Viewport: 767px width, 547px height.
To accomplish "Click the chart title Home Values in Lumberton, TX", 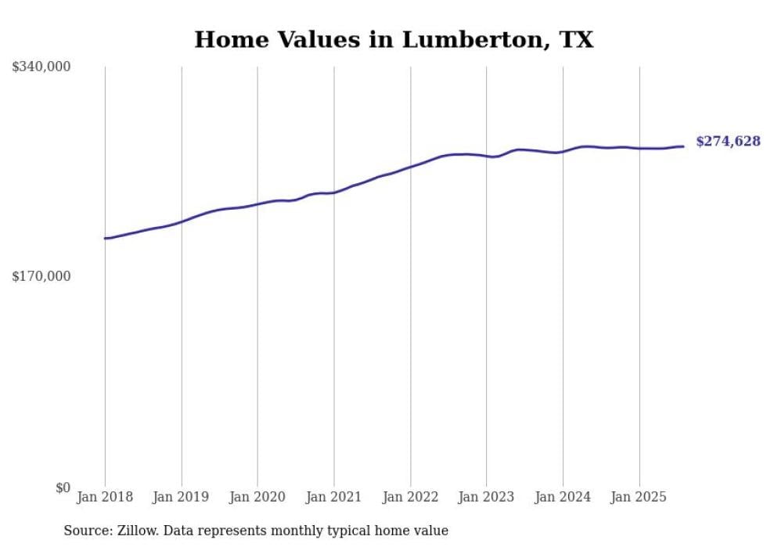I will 394,39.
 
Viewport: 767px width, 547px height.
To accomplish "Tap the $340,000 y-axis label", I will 41,67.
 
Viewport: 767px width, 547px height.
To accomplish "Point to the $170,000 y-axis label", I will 41,276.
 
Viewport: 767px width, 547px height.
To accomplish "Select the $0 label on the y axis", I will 63,488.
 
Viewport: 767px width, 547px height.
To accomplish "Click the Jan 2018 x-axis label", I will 105,497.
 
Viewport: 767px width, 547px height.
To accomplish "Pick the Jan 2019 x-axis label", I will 182,497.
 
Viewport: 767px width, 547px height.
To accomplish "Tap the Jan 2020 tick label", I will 257,497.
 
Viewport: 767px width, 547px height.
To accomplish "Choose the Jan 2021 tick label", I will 334,497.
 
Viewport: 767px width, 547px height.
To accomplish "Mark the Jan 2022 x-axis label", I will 410,497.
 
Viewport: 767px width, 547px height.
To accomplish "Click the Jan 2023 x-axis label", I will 486,497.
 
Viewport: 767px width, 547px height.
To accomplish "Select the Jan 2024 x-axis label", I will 563,497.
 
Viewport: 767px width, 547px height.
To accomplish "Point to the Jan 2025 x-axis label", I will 639,497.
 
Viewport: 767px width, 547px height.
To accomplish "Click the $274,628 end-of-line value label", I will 728,142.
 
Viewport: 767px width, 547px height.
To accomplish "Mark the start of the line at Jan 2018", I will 106,238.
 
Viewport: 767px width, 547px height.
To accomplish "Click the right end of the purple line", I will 683,146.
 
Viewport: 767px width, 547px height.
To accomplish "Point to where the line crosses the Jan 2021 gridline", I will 334,193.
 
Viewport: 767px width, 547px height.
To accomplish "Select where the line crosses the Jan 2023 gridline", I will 487,157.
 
